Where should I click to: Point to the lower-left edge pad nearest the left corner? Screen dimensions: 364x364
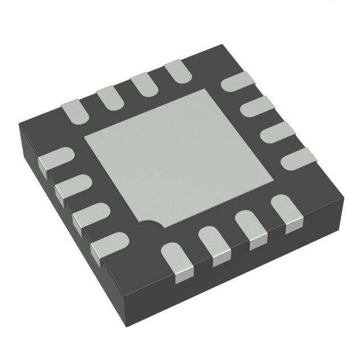(55, 159)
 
